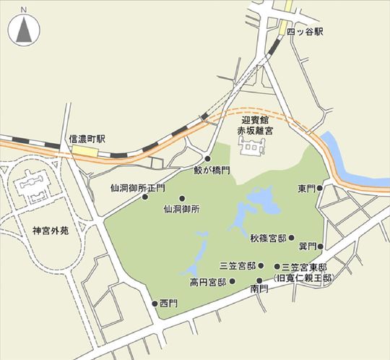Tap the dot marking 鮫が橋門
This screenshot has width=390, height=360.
[x=208, y=159]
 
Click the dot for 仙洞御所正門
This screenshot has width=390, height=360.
[x=145, y=196]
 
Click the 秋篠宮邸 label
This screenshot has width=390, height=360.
[x=268, y=237]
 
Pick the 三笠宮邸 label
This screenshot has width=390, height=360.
[x=240, y=266]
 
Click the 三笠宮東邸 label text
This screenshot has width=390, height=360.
[x=304, y=266]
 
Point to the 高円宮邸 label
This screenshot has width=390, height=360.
[x=208, y=281]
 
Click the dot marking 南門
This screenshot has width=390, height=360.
[x=259, y=279]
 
